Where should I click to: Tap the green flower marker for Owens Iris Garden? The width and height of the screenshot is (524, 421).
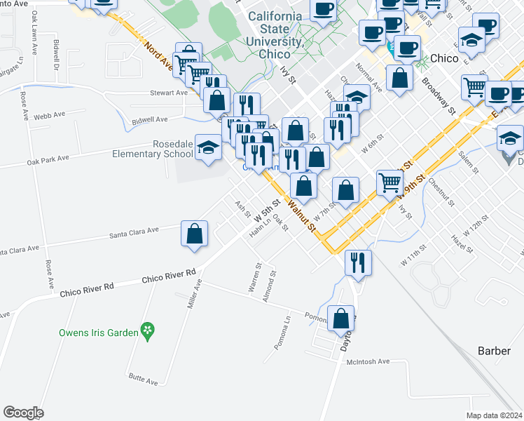[147, 329]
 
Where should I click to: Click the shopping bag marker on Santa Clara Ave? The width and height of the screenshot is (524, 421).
[194, 234]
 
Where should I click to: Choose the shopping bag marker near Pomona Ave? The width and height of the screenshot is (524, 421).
[341, 319]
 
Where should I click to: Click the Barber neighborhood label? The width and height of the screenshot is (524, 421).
[495, 351]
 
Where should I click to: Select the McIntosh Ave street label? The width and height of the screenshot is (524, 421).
[368, 361]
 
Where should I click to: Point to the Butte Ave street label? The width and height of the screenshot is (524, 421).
[143, 380]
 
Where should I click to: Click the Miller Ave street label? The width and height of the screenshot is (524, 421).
[190, 294]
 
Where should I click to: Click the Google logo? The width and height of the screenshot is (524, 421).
[23, 413]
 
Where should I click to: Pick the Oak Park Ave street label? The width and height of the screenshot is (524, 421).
[48, 159]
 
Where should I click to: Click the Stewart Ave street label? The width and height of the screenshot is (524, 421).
[169, 93]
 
